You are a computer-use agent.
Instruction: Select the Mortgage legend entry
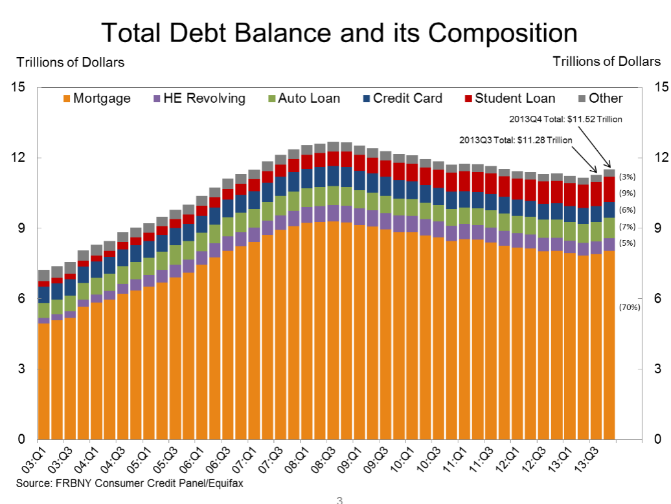[x=97, y=98]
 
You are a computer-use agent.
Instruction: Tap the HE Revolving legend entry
[x=199, y=98]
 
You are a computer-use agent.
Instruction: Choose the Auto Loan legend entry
[x=304, y=98]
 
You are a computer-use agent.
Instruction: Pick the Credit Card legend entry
[x=403, y=98]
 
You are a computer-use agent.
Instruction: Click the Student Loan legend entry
[x=510, y=98]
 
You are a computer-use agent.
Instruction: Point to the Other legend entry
[x=601, y=98]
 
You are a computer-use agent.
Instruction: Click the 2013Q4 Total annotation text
[x=565, y=119]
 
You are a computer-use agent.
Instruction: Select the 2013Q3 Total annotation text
[x=516, y=140]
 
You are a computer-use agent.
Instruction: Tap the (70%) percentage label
[x=630, y=307]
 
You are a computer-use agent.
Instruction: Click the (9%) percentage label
[x=628, y=193]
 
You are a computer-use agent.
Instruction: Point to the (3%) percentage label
[x=628, y=177]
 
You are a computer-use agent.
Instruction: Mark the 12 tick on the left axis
[x=18, y=157]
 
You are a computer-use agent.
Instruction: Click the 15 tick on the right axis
[x=661, y=87]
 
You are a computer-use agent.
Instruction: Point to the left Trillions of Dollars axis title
[x=71, y=62]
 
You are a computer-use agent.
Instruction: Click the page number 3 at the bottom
[x=339, y=500]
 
